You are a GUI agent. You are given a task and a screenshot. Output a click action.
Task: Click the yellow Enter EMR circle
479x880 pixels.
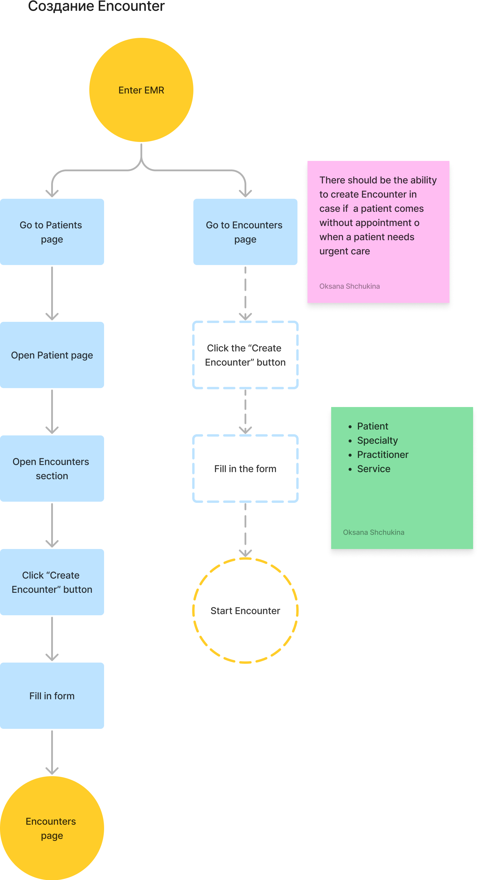point(141,90)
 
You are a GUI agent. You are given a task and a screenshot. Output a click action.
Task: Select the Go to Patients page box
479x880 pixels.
point(52,232)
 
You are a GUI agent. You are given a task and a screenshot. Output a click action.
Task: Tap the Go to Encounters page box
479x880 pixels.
point(245,232)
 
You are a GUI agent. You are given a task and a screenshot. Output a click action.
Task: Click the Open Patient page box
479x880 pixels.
point(52,355)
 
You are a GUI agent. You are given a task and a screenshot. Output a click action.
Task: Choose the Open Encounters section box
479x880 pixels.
point(52,468)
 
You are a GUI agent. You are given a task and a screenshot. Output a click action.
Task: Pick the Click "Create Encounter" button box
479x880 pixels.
point(52,582)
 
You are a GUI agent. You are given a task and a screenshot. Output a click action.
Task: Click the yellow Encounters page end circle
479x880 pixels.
point(52,828)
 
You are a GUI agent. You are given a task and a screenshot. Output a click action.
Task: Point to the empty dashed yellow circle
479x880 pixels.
point(245,611)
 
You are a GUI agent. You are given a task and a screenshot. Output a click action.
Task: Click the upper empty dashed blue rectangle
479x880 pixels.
point(245,355)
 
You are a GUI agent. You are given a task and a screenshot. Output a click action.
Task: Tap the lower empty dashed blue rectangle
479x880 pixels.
point(245,468)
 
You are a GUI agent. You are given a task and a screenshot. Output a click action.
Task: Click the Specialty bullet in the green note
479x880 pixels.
point(377,440)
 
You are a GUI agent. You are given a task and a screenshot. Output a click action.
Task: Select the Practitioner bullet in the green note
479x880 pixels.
point(382,455)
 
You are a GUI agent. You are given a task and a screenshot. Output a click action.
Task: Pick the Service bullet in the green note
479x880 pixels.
point(373,469)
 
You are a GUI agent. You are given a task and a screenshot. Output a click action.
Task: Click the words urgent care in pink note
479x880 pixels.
point(344,251)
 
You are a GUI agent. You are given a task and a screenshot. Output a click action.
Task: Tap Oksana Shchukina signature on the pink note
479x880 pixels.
point(349,286)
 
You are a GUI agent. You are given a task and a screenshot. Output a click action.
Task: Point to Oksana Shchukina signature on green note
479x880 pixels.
point(373,532)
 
